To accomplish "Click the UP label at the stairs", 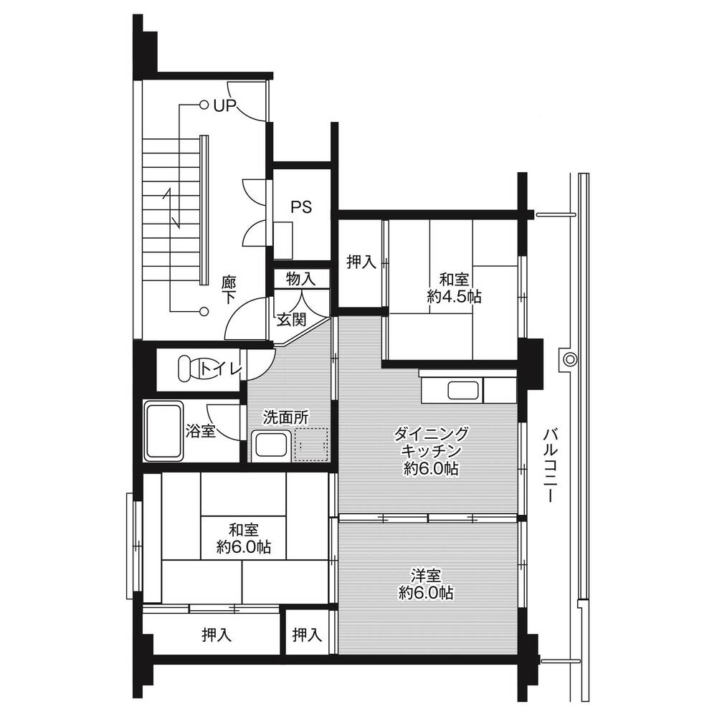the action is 225,105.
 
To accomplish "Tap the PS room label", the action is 302,207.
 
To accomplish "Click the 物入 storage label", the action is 301,278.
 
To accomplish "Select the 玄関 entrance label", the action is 292,320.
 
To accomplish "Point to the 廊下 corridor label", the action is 228,290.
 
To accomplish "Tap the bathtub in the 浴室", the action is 163,432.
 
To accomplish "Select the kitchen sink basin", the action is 463,391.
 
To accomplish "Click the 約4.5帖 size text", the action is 454,297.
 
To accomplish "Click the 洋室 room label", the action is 426,576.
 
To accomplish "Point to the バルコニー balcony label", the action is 550,465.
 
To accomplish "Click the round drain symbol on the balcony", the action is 569,359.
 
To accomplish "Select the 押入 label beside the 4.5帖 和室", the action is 361,262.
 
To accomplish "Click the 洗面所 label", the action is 286,417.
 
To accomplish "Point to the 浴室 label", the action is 201,431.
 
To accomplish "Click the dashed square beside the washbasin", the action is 312,444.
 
